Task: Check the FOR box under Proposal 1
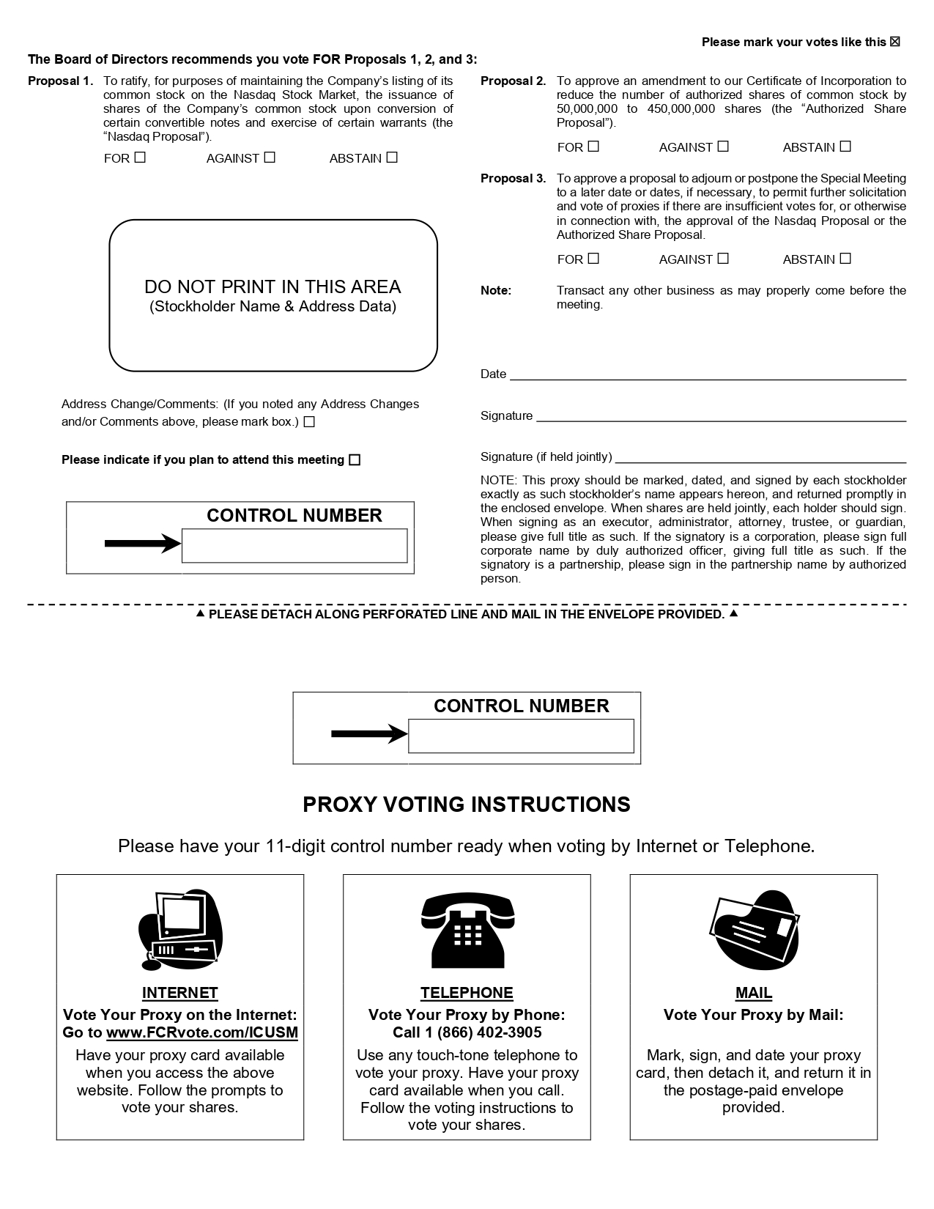[x=140, y=158]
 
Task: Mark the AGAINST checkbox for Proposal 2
[x=723, y=147]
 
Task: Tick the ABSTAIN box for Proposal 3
[x=845, y=259]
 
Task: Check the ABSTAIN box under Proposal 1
[x=392, y=158]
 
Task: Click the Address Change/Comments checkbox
[x=309, y=422]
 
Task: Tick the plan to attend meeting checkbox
[x=355, y=460]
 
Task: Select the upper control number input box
[x=294, y=546]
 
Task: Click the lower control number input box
[x=521, y=736]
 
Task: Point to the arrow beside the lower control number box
[x=369, y=734]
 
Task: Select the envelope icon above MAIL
[x=754, y=929]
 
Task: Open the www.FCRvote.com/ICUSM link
[x=202, y=1033]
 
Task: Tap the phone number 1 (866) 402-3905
[x=489, y=1033]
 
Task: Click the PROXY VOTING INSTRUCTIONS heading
[x=467, y=805]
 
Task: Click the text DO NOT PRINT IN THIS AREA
[x=273, y=286]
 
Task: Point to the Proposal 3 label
[x=513, y=179]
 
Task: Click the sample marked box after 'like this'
[x=895, y=42]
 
